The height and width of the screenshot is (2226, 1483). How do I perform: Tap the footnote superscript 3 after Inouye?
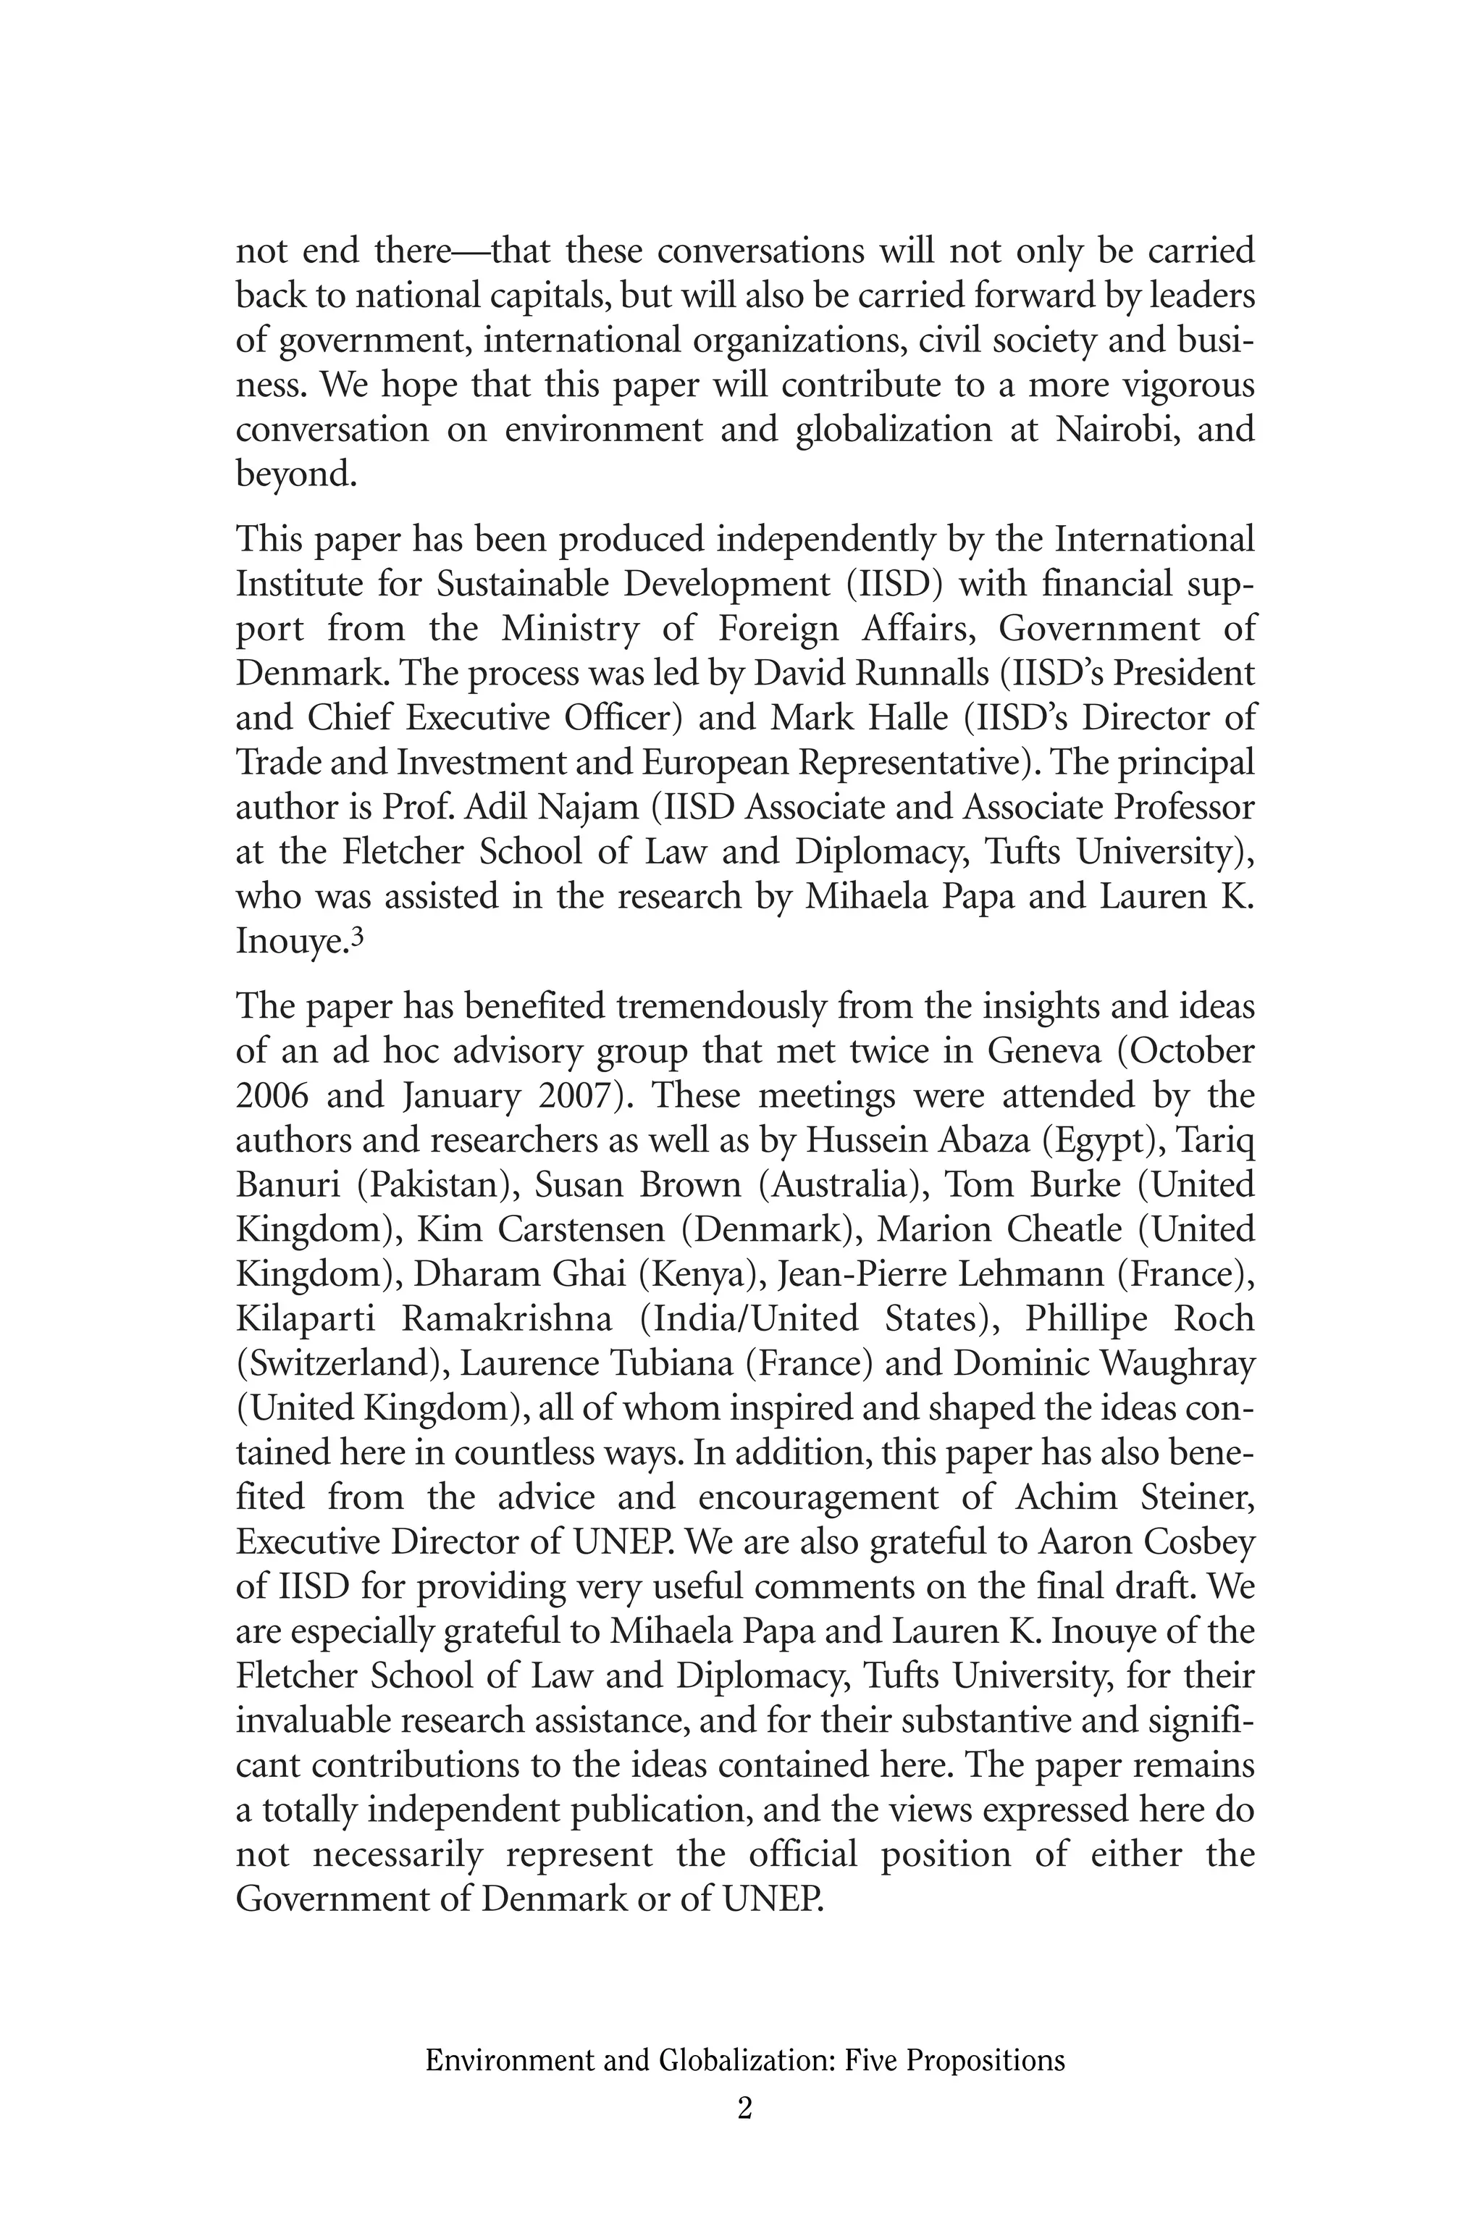coord(358,937)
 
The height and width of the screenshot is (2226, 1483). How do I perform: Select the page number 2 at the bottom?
coord(744,2109)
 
